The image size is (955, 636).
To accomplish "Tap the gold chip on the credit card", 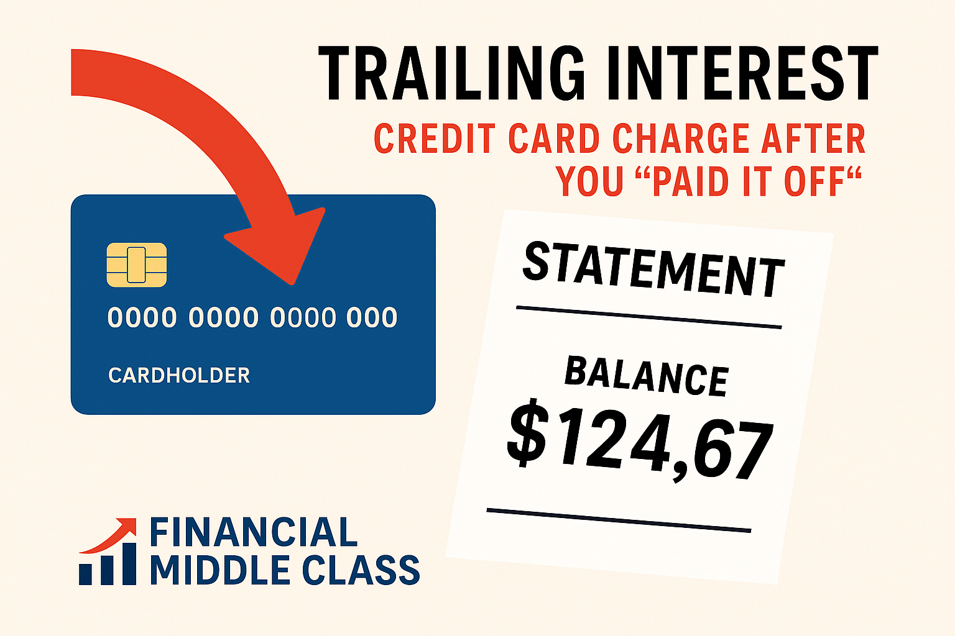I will click(137, 265).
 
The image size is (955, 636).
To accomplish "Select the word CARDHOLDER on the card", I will click(179, 375).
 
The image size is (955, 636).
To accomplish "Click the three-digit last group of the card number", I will click(372, 318).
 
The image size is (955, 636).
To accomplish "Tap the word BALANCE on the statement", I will click(647, 376).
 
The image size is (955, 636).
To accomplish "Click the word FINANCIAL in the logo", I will click(254, 533).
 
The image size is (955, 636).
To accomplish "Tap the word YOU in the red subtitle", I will click(590, 181).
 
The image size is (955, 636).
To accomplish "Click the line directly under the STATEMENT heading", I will click(648, 317).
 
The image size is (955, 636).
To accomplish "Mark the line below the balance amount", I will click(619, 520).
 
